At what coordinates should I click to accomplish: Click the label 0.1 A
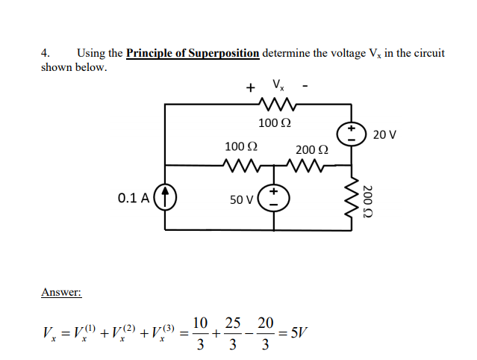point(134,199)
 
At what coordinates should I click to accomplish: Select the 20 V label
point(384,135)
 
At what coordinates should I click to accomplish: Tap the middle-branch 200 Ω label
point(311,150)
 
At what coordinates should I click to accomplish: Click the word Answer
point(61,292)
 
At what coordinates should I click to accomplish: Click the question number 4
point(46,53)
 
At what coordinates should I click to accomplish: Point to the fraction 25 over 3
point(232,333)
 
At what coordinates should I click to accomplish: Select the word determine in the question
point(287,53)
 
